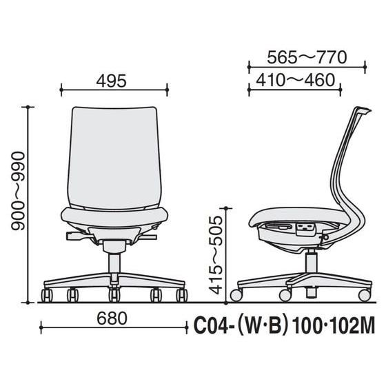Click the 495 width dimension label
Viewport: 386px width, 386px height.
click(x=111, y=81)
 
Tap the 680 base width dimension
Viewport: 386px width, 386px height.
click(x=112, y=318)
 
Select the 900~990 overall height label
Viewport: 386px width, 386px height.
click(x=18, y=191)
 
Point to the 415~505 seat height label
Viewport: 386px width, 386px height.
click(x=216, y=255)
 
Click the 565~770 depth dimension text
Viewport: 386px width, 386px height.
click(x=307, y=58)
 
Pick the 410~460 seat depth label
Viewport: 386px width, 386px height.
click(x=296, y=80)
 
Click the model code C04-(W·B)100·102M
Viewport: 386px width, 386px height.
click(x=284, y=325)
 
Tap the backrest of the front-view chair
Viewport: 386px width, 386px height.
click(x=114, y=158)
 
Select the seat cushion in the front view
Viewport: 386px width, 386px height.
click(x=114, y=217)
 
